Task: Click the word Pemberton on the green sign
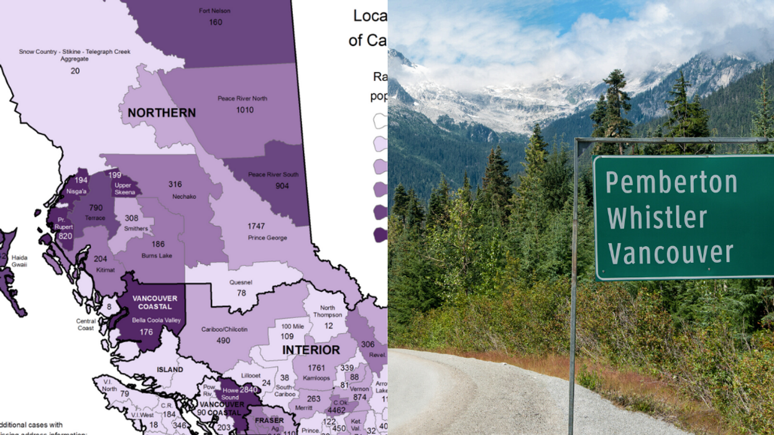pyautogui.click(x=671, y=183)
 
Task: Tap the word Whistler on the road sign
pyautogui.click(x=657, y=218)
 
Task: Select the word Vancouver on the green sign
pyautogui.click(x=671, y=254)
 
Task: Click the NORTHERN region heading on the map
pyautogui.click(x=162, y=113)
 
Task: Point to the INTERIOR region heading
pyautogui.click(x=311, y=350)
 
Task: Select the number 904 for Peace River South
pyautogui.click(x=282, y=186)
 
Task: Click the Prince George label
pyautogui.click(x=267, y=238)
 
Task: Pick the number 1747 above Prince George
pyautogui.click(x=256, y=226)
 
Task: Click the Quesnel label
pyautogui.click(x=241, y=283)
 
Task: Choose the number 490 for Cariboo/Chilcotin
pyautogui.click(x=223, y=341)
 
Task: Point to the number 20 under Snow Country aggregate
pyautogui.click(x=75, y=71)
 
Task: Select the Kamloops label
pyautogui.click(x=316, y=378)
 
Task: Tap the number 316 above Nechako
pyautogui.click(x=175, y=185)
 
